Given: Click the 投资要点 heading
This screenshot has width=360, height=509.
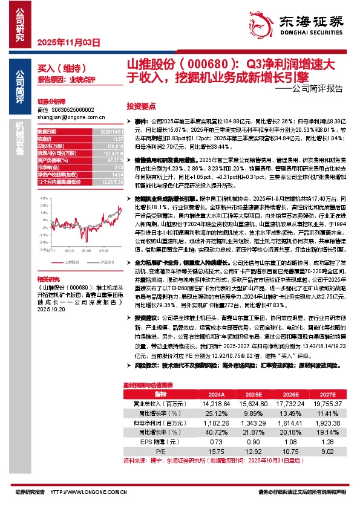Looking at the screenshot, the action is (x=140, y=105).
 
